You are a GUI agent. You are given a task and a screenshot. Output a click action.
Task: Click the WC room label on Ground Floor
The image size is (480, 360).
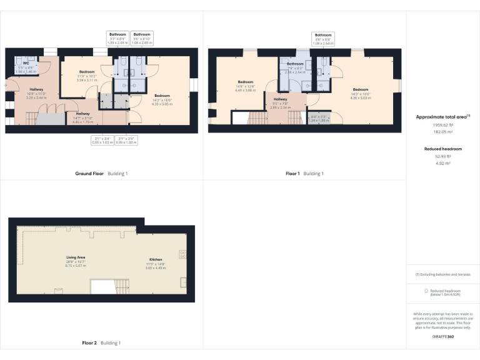click(x=26, y=63)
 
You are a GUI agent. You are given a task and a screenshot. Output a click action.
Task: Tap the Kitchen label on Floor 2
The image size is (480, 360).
click(x=156, y=259)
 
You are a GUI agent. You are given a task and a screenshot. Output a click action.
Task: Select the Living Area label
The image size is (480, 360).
click(x=76, y=257)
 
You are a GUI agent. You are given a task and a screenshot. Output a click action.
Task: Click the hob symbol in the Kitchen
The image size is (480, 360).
click(x=182, y=254)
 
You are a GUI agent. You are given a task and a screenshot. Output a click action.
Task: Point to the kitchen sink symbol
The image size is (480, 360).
click(x=182, y=282)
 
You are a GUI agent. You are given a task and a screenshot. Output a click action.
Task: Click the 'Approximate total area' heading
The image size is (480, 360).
click(x=442, y=117)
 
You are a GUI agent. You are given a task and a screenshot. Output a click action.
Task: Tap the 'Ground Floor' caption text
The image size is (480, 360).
click(x=89, y=173)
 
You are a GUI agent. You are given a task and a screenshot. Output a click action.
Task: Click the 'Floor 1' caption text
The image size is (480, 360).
click(x=292, y=173)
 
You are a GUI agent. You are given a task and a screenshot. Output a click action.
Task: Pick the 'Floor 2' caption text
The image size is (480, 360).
click(x=89, y=343)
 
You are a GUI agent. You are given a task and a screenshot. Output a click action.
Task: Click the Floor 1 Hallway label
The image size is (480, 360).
click(x=281, y=99)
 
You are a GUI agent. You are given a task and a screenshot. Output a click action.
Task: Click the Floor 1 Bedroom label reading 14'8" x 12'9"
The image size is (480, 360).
click(x=245, y=82)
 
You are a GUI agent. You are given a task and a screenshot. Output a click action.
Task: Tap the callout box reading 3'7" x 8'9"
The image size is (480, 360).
click(x=117, y=37)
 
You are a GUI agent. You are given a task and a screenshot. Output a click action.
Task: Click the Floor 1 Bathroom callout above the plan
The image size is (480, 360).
click(x=323, y=37)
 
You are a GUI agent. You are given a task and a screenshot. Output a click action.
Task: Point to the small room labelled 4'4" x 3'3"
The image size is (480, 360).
click(x=319, y=118)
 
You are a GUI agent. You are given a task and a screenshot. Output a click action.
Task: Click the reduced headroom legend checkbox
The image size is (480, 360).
click(x=426, y=291)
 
